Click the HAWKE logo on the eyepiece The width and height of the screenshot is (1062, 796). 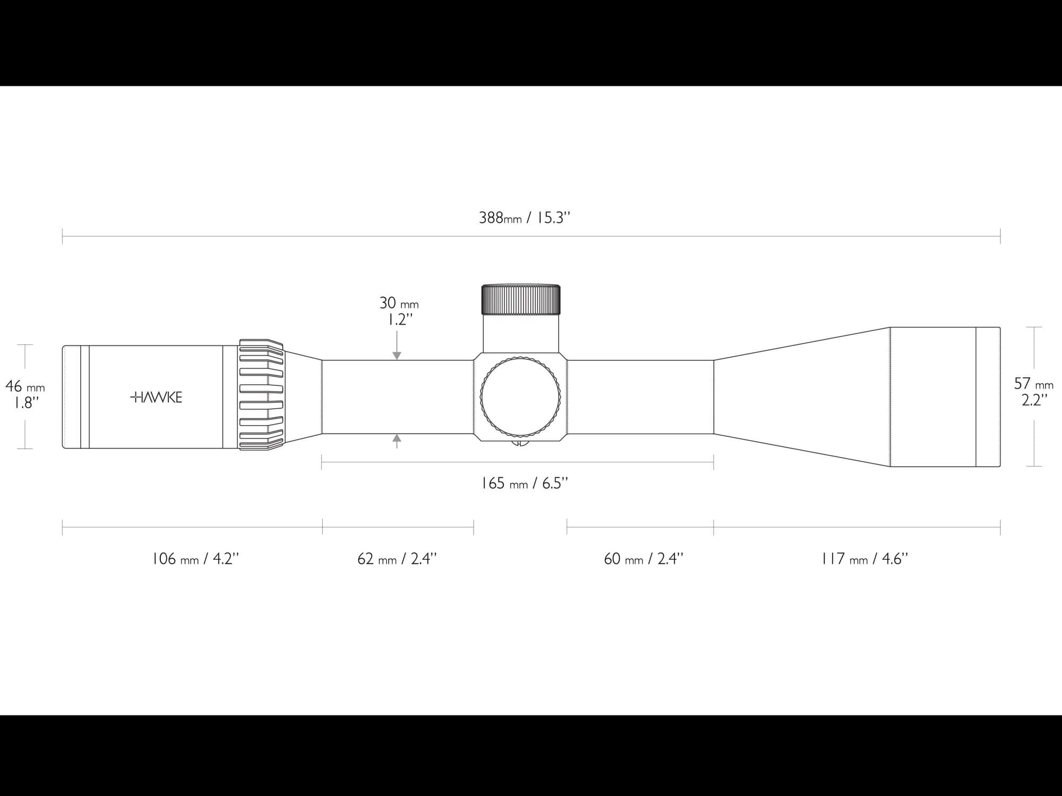click(x=156, y=397)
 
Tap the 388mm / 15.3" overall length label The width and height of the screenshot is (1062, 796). click(x=524, y=218)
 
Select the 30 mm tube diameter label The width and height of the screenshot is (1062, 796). click(x=399, y=303)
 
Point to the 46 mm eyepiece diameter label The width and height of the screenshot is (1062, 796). click(x=25, y=386)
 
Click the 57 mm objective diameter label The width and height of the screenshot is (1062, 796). click(x=1033, y=383)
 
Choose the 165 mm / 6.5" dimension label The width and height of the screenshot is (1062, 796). click(x=524, y=483)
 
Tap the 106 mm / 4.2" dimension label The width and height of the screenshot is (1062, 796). click(x=195, y=559)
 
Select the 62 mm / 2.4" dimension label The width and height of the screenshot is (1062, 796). click(x=397, y=559)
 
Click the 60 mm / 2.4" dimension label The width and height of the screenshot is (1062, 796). click(x=644, y=559)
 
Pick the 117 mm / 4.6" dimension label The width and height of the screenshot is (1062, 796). click(x=864, y=559)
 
